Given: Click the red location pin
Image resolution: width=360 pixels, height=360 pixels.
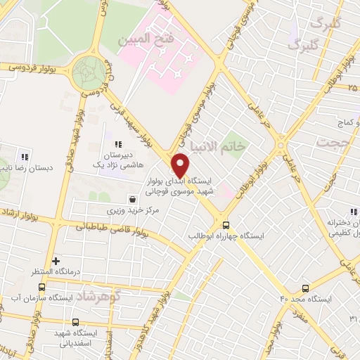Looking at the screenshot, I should click(x=181, y=166).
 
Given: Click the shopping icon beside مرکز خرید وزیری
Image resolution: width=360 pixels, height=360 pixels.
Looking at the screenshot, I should click(x=132, y=200).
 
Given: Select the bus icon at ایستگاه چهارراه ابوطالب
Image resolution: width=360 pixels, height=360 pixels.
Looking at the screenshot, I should click(x=226, y=224).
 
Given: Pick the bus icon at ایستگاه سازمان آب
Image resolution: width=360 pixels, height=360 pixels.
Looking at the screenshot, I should click(x=41, y=287).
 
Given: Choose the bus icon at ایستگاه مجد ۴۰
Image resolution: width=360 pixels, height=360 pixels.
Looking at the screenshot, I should click(x=305, y=288).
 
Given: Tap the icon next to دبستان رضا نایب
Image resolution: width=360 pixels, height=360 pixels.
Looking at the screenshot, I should click(x=25, y=156).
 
